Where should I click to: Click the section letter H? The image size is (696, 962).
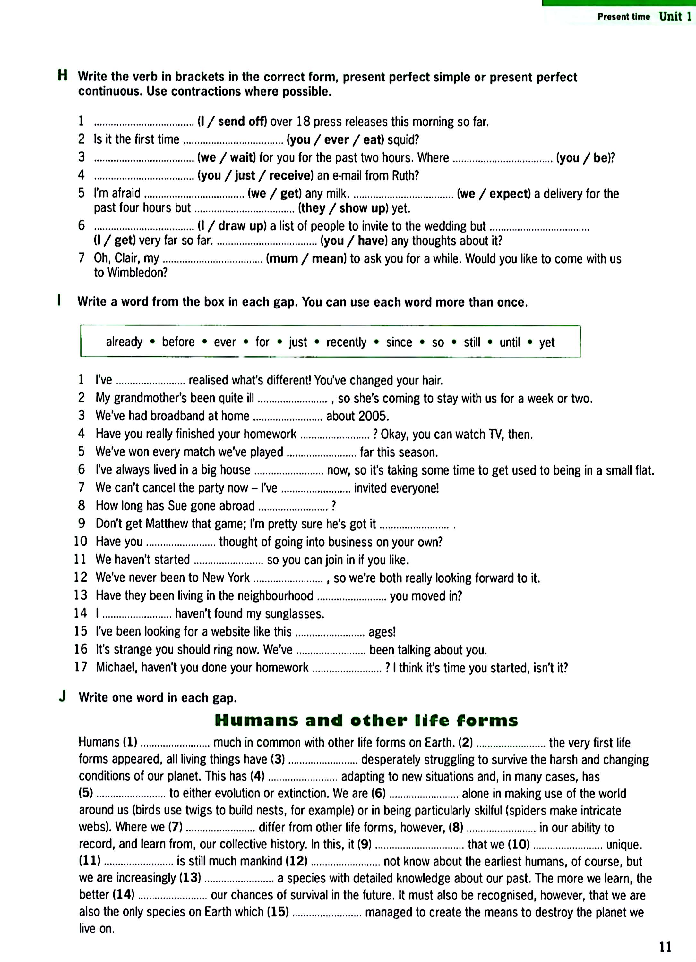(62, 76)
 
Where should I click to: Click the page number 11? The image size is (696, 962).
(666, 946)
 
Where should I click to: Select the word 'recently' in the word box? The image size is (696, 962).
(346, 342)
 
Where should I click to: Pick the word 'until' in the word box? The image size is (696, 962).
(510, 342)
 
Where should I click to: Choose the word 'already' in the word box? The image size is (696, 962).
(124, 342)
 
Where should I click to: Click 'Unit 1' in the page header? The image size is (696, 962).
(675, 17)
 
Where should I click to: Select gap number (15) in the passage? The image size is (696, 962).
(278, 912)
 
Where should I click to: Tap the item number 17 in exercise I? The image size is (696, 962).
(81, 667)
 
